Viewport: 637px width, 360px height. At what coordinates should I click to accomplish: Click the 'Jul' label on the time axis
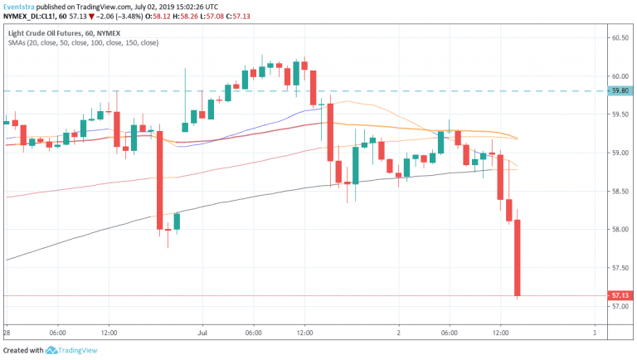coord(202,333)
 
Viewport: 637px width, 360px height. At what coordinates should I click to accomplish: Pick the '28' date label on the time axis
coord(6,333)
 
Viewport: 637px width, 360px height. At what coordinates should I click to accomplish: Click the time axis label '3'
coord(594,333)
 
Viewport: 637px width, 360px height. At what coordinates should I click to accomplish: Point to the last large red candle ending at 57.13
coord(518,257)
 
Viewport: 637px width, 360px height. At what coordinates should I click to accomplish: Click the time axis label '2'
coord(399,333)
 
